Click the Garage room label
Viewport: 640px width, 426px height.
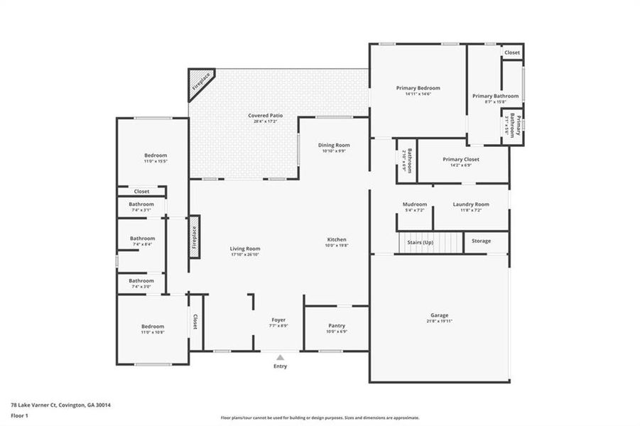pyautogui.click(x=439, y=315)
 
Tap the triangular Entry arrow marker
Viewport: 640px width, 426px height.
pyautogui.click(x=281, y=358)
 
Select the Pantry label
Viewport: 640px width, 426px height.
pyautogui.click(x=336, y=326)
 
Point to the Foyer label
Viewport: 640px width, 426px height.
pyautogui.click(x=278, y=320)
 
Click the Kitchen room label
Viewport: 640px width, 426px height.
pyautogui.click(x=336, y=239)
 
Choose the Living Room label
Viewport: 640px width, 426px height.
pyautogui.click(x=245, y=248)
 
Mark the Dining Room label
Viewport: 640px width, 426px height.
pyautogui.click(x=334, y=145)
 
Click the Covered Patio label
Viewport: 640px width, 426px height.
pyautogui.click(x=262, y=116)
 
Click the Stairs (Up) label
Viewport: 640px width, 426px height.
pyautogui.click(x=420, y=243)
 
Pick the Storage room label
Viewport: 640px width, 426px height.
pyautogui.click(x=481, y=241)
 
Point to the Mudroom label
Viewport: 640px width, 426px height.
pyautogui.click(x=414, y=204)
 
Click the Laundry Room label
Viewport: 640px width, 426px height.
pyautogui.click(x=471, y=204)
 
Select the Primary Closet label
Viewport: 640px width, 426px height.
pyautogui.click(x=460, y=160)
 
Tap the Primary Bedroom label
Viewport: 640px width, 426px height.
pyautogui.click(x=418, y=88)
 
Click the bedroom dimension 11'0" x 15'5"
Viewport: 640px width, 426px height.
pyautogui.click(x=155, y=161)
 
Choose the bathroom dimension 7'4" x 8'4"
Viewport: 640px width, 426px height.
pyautogui.click(x=142, y=244)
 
